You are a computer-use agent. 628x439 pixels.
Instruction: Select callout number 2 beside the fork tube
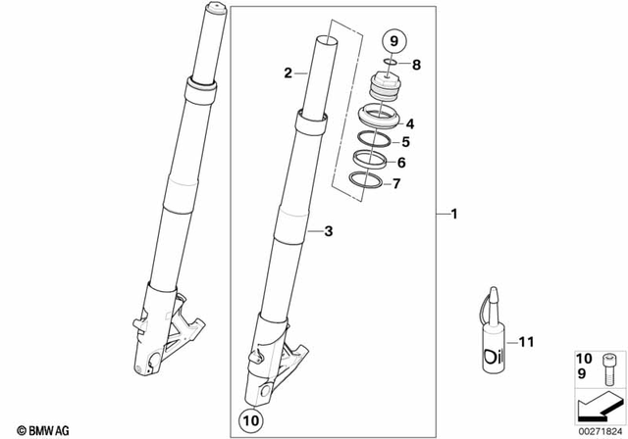(288, 73)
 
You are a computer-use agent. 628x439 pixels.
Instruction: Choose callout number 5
(405, 141)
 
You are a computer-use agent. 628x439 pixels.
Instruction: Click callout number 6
(401, 163)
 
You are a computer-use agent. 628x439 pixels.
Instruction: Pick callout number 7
(396, 183)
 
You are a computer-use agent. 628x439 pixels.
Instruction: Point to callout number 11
(525, 342)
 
